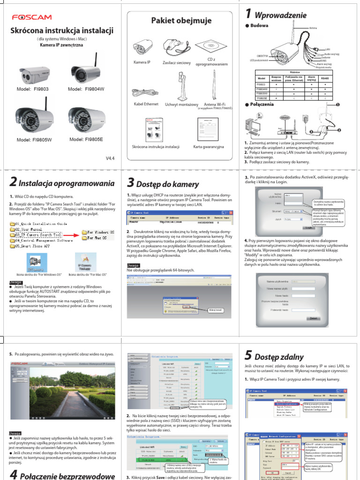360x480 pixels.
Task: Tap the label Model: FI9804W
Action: pyautogui.click(x=87, y=89)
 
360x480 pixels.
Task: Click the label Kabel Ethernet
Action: pyautogui.click(x=146, y=104)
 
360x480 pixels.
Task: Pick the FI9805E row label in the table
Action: pyautogui.click(x=262, y=97)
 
